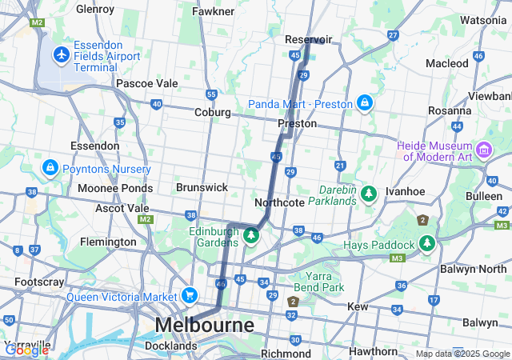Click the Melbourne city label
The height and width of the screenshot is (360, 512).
click(x=204, y=326)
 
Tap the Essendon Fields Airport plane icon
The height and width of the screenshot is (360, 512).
click(x=61, y=54)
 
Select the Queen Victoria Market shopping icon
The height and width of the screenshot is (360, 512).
click(x=189, y=295)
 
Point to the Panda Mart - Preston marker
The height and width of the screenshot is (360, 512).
click(x=364, y=103)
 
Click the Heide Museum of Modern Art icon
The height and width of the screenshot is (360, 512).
click(x=484, y=150)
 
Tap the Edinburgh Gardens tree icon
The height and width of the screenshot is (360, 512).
click(x=251, y=235)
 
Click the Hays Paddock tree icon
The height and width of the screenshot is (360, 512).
click(x=427, y=242)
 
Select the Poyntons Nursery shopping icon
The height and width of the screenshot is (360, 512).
click(x=50, y=167)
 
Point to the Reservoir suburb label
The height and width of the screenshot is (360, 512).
click(x=308, y=38)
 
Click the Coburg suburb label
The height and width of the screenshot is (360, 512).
click(x=213, y=112)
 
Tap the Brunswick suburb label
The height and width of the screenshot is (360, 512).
click(x=202, y=187)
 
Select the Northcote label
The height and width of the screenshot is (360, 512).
click(x=279, y=203)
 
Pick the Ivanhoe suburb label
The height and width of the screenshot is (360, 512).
click(x=404, y=192)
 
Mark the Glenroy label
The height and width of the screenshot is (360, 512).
click(x=95, y=10)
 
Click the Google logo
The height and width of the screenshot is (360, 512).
click(x=26, y=350)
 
